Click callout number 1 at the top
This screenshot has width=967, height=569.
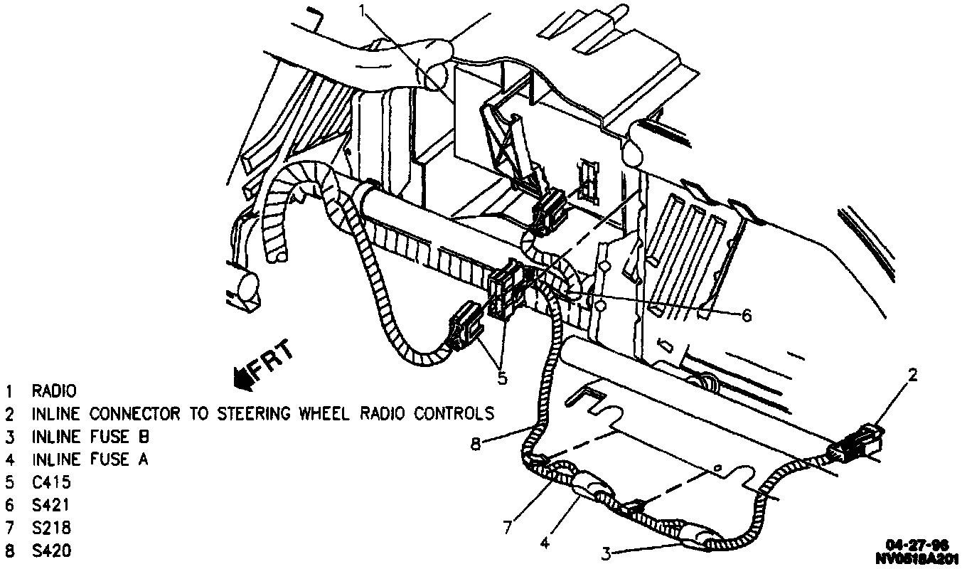coord(363,11)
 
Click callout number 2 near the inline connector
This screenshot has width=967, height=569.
coord(914,375)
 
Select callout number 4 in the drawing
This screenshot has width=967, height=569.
coord(544,542)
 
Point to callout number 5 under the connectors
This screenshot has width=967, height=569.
coord(502,378)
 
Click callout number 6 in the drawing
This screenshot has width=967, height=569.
coord(746,315)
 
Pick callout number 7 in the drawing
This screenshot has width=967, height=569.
coord(507,527)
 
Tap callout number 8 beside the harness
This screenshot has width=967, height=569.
coord(476,445)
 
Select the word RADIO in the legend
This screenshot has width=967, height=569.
coord(53,391)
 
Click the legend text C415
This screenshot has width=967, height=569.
coord(51,482)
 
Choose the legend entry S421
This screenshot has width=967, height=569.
coord(51,505)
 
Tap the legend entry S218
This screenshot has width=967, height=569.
coord(51,528)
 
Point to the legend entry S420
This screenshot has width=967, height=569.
coord(51,551)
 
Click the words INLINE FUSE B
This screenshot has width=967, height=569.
coord(90,437)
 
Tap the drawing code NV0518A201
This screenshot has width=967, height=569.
coord(917,558)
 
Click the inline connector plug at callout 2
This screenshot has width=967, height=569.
coord(858,447)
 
